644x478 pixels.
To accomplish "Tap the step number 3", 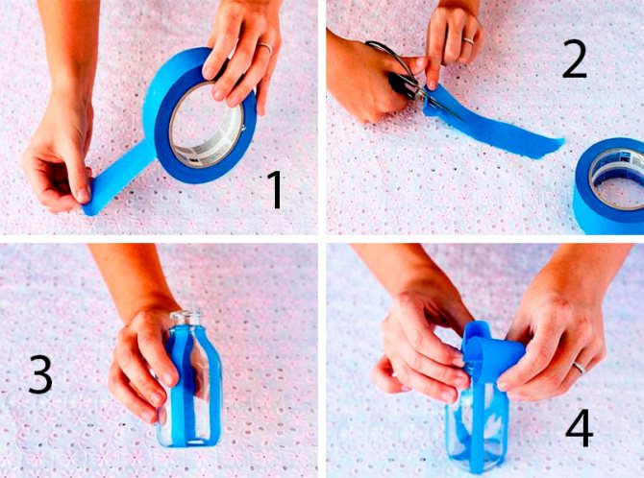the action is tap(40, 374).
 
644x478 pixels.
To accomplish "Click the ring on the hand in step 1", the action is tap(265, 47).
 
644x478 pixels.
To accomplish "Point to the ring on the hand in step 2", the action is tap(469, 40).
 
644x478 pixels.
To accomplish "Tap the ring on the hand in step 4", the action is tap(580, 368).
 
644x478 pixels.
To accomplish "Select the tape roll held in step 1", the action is tap(200, 116).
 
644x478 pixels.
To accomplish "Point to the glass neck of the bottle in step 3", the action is tap(186, 319).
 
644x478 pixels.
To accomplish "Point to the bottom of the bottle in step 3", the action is tap(189, 442).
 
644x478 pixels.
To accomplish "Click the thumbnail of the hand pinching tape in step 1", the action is tap(84, 194).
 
